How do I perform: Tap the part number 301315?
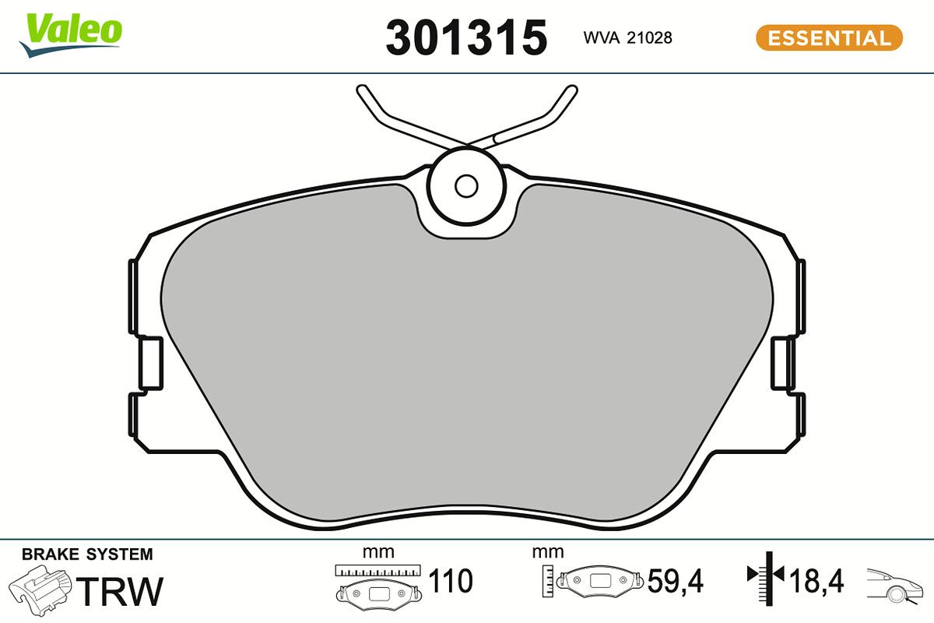466,37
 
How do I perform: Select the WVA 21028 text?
627,37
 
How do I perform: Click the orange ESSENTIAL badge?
829,37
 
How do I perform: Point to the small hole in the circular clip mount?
466,185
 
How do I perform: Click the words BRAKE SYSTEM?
87,554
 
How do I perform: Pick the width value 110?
451,581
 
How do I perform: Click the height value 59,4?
675,581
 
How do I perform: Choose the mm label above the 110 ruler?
379,553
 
